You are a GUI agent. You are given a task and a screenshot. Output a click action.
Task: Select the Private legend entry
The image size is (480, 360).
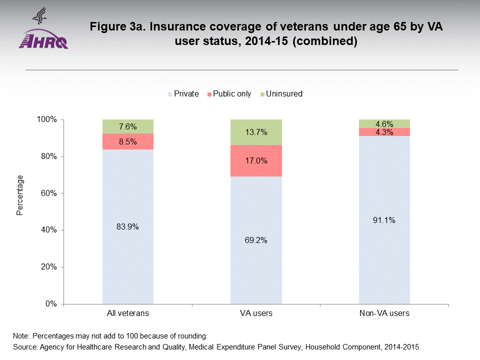point(183,94)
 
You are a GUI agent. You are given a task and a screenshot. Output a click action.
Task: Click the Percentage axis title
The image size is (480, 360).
point(20,195)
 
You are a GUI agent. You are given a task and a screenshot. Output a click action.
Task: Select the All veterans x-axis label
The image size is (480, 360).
point(128,314)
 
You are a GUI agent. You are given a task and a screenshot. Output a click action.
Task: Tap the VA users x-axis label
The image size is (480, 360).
point(255,314)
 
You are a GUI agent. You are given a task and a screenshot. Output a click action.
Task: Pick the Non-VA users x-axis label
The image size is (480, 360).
point(384,314)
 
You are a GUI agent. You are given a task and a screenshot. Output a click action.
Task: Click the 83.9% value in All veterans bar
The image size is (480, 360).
point(128,226)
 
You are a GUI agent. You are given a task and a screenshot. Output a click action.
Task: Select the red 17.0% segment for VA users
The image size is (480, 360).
point(256,161)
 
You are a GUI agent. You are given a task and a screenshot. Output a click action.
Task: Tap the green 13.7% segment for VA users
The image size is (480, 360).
point(256,132)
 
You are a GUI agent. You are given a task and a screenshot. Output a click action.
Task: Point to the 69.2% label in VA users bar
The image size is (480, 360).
point(256,240)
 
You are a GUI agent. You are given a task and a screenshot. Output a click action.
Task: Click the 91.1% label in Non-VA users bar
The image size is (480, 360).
point(384,220)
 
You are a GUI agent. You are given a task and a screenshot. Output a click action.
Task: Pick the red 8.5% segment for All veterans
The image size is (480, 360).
point(128,141)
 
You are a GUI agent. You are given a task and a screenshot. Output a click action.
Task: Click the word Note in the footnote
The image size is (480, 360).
point(21,335)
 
